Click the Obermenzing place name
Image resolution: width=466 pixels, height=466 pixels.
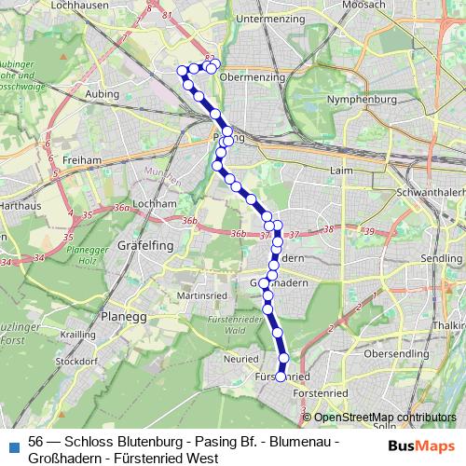pyautogui.click(x=259, y=77)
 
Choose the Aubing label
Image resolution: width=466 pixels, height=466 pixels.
pyautogui.click(x=103, y=94)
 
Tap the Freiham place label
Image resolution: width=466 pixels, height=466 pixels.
pyautogui.click(x=80, y=160)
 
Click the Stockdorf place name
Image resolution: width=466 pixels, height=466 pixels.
pyautogui.click(x=78, y=359)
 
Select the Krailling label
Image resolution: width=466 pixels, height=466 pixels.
pyautogui.click(x=78, y=333)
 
